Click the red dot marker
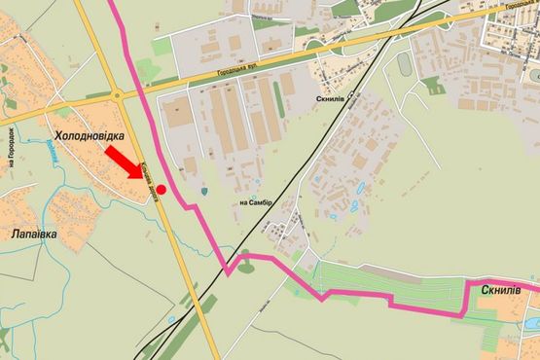161,190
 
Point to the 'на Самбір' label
256,202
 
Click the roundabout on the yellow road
118,94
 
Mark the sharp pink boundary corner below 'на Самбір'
229,272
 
